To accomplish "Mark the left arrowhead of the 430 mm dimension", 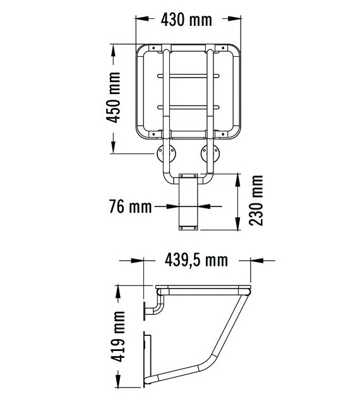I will coord(140,20).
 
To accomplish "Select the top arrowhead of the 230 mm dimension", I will coord(237,177).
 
